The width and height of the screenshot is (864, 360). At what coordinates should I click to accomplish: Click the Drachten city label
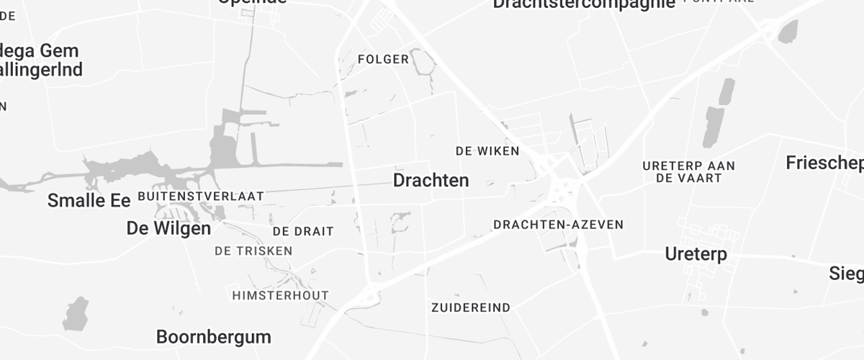point(431,180)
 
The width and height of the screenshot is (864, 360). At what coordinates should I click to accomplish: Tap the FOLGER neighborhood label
point(383,59)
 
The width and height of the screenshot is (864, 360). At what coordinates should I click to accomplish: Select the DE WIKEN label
point(487,150)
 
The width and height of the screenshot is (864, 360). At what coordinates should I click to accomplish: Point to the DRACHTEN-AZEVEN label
point(558,225)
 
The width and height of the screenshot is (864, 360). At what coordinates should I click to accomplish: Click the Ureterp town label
point(696,254)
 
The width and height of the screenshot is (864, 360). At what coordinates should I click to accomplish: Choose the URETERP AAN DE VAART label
point(688,171)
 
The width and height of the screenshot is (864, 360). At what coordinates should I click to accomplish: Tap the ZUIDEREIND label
point(470,307)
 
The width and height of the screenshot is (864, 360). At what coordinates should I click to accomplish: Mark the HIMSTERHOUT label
point(280,295)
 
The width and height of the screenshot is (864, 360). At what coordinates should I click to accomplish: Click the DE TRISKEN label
point(253,251)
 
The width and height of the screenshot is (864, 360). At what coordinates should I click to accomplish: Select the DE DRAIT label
point(303,231)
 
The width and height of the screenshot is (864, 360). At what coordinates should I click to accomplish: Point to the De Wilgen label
point(168,228)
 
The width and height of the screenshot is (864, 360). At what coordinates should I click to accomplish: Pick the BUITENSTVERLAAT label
point(200,196)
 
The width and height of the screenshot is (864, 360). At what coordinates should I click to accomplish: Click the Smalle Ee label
point(89,201)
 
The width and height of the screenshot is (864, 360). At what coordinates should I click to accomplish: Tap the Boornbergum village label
point(213,336)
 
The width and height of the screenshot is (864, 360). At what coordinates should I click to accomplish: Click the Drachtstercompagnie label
point(584,4)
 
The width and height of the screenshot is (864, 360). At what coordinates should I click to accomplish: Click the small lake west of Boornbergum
point(75,314)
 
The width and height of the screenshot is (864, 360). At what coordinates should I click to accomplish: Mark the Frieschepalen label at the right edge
point(824,163)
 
